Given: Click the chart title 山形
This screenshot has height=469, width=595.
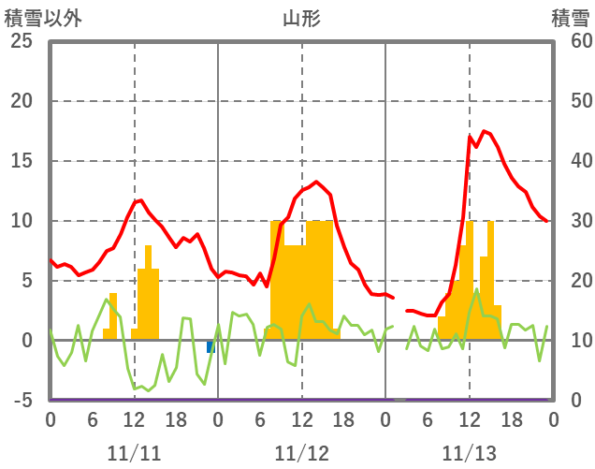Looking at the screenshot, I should pyautogui.click(x=301, y=18).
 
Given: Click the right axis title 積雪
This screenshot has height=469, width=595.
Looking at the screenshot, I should pyautogui.click(x=570, y=18).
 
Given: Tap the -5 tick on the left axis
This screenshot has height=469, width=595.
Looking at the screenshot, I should pyautogui.click(x=21, y=401).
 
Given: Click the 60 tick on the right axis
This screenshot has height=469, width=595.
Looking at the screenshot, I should pyautogui.click(x=570, y=42).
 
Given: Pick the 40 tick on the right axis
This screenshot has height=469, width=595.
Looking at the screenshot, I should pyautogui.click(x=570, y=161).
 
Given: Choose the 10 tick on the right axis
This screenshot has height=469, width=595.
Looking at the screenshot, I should pyautogui.click(x=570, y=341).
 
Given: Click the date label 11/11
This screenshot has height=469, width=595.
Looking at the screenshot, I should pyautogui.click(x=134, y=454).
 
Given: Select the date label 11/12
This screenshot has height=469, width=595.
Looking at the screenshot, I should pyautogui.click(x=301, y=454).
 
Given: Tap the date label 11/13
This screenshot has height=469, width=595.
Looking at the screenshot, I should pyautogui.click(x=470, y=454).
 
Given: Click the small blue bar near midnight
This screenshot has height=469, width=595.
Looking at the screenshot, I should pyautogui.click(x=210, y=346).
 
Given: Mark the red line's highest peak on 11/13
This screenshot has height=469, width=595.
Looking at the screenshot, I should pyautogui.click(x=484, y=131).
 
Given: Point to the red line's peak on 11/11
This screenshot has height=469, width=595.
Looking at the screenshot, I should pyautogui.click(x=140, y=199).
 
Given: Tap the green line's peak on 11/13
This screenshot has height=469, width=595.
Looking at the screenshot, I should pyautogui.click(x=477, y=289).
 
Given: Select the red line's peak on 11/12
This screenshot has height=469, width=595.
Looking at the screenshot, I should pyautogui.click(x=316, y=182).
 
